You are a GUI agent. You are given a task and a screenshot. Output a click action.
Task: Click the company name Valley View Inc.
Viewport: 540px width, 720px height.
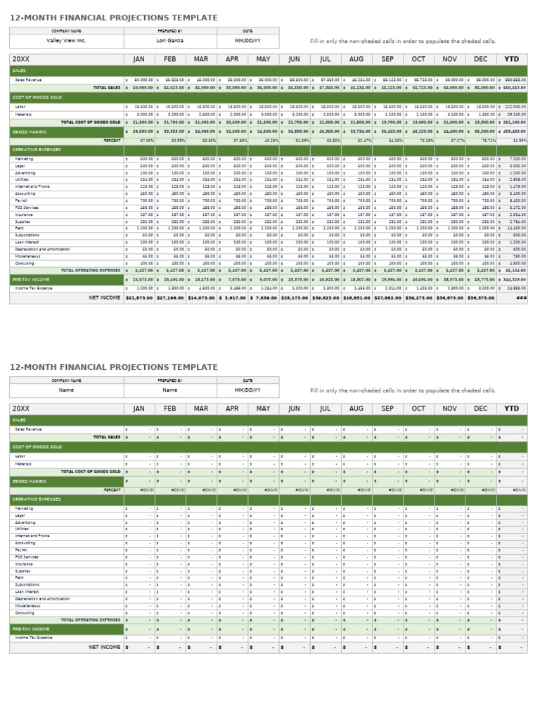[66, 41]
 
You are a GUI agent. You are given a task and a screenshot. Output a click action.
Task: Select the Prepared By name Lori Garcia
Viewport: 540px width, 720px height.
[170, 41]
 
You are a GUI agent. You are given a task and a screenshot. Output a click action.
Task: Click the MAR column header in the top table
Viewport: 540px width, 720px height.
[201, 59]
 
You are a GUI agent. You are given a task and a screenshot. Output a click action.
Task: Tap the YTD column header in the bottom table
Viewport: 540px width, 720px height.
[511, 409]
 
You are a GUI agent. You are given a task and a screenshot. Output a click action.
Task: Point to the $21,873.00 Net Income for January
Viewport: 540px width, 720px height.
[139, 298]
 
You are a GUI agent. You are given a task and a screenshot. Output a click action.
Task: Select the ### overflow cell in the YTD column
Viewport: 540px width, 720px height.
[520, 298]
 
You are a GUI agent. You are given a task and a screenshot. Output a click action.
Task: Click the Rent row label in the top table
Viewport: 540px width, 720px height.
[20, 229]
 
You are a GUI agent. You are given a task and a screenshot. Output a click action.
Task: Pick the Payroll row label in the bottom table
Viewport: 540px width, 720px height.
[21, 550]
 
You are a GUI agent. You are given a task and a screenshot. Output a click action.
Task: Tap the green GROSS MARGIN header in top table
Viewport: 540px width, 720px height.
[30, 131]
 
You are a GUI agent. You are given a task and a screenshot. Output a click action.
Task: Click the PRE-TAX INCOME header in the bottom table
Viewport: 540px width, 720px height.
[30, 629]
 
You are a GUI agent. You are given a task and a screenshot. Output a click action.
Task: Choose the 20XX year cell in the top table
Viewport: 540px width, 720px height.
[21, 59]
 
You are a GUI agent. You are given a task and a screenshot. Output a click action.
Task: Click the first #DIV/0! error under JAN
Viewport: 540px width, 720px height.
[146, 490]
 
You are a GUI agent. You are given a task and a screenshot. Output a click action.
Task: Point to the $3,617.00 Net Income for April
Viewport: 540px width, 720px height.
[232, 298]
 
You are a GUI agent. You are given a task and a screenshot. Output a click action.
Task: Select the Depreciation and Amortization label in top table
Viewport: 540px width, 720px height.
[42, 249]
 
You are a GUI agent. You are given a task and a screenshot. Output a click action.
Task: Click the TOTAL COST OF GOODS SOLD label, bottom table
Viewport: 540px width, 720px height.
[91, 472]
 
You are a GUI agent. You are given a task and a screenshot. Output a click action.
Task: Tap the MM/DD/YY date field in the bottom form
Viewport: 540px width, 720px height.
[247, 390]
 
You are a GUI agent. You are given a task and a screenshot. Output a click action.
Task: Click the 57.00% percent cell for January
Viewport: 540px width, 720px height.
[146, 141]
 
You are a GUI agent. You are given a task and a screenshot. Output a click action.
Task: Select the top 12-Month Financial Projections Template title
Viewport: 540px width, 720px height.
[114, 18]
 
